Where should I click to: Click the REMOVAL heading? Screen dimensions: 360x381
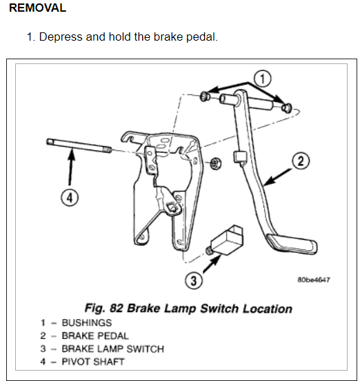pyautogui.click(x=38, y=8)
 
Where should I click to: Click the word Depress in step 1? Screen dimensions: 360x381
pyautogui.click(x=61, y=37)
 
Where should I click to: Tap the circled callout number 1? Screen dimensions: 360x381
pyautogui.click(x=262, y=79)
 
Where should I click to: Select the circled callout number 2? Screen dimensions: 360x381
pyautogui.click(x=301, y=161)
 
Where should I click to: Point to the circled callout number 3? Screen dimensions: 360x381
pyautogui.click(x=194, y=280)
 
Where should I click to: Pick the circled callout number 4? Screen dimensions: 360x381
pyautogui.click(x=70, y=197)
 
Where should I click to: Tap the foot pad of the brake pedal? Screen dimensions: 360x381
pyautogui.click(x=292, y=245)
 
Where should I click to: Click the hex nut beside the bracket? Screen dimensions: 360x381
pyautogui.click(x=215, y=163)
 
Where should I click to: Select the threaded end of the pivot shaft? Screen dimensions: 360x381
pyautogui.click(x=107, y=150)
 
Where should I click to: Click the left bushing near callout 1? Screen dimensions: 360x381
pyautogui.click(x=205, y=96)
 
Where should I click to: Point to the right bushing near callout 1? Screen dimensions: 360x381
pyautogui.click(x=287, y=107)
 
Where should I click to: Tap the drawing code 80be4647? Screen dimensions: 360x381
pyautogui.click(x=314, y=280)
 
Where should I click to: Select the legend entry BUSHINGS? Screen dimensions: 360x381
pyautogui.click(x=87, y=323)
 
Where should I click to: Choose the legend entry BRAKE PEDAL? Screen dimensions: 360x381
pyautogui.click(x=95, y=336)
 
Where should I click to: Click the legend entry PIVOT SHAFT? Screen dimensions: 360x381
pyautogui.click(x=93, y=362)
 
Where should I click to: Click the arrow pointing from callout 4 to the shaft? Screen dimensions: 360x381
pyautogui.click(x=71, y=168)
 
